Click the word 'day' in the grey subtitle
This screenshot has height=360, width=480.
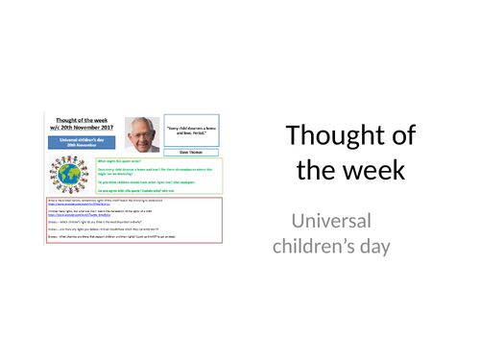(389, 251)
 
